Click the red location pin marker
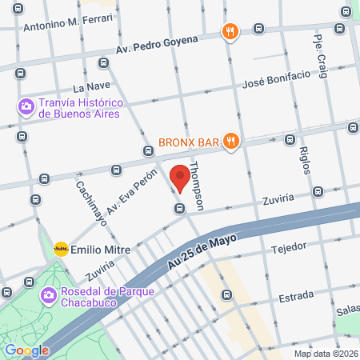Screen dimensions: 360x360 click(x=180, y=178)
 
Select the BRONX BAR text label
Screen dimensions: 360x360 click(x=187, y=142)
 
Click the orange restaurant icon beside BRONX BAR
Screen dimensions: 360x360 click(x=231, y=141)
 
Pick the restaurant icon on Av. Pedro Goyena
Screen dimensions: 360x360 click(x=230, y=32)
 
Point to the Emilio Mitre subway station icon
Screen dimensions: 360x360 click(x=61, y=249)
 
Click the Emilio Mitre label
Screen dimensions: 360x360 click(x=101, y=249)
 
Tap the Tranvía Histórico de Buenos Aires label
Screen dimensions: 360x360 click(x=79, y=108)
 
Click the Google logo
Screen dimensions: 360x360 click(x=26, y=350)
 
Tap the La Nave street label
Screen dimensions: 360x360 click(x=90, y=86)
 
